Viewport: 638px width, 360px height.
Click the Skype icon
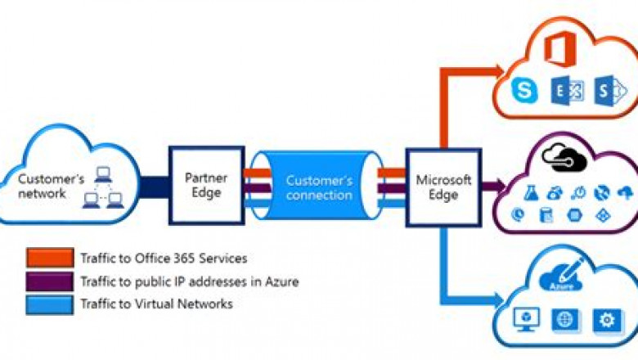pyautogui.click(x=523, y=91)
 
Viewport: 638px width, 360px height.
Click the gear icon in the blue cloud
pyautogui.click(x=607, y=319)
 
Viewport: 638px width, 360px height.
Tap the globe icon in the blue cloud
pyautogui.click(x=564, y=319)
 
